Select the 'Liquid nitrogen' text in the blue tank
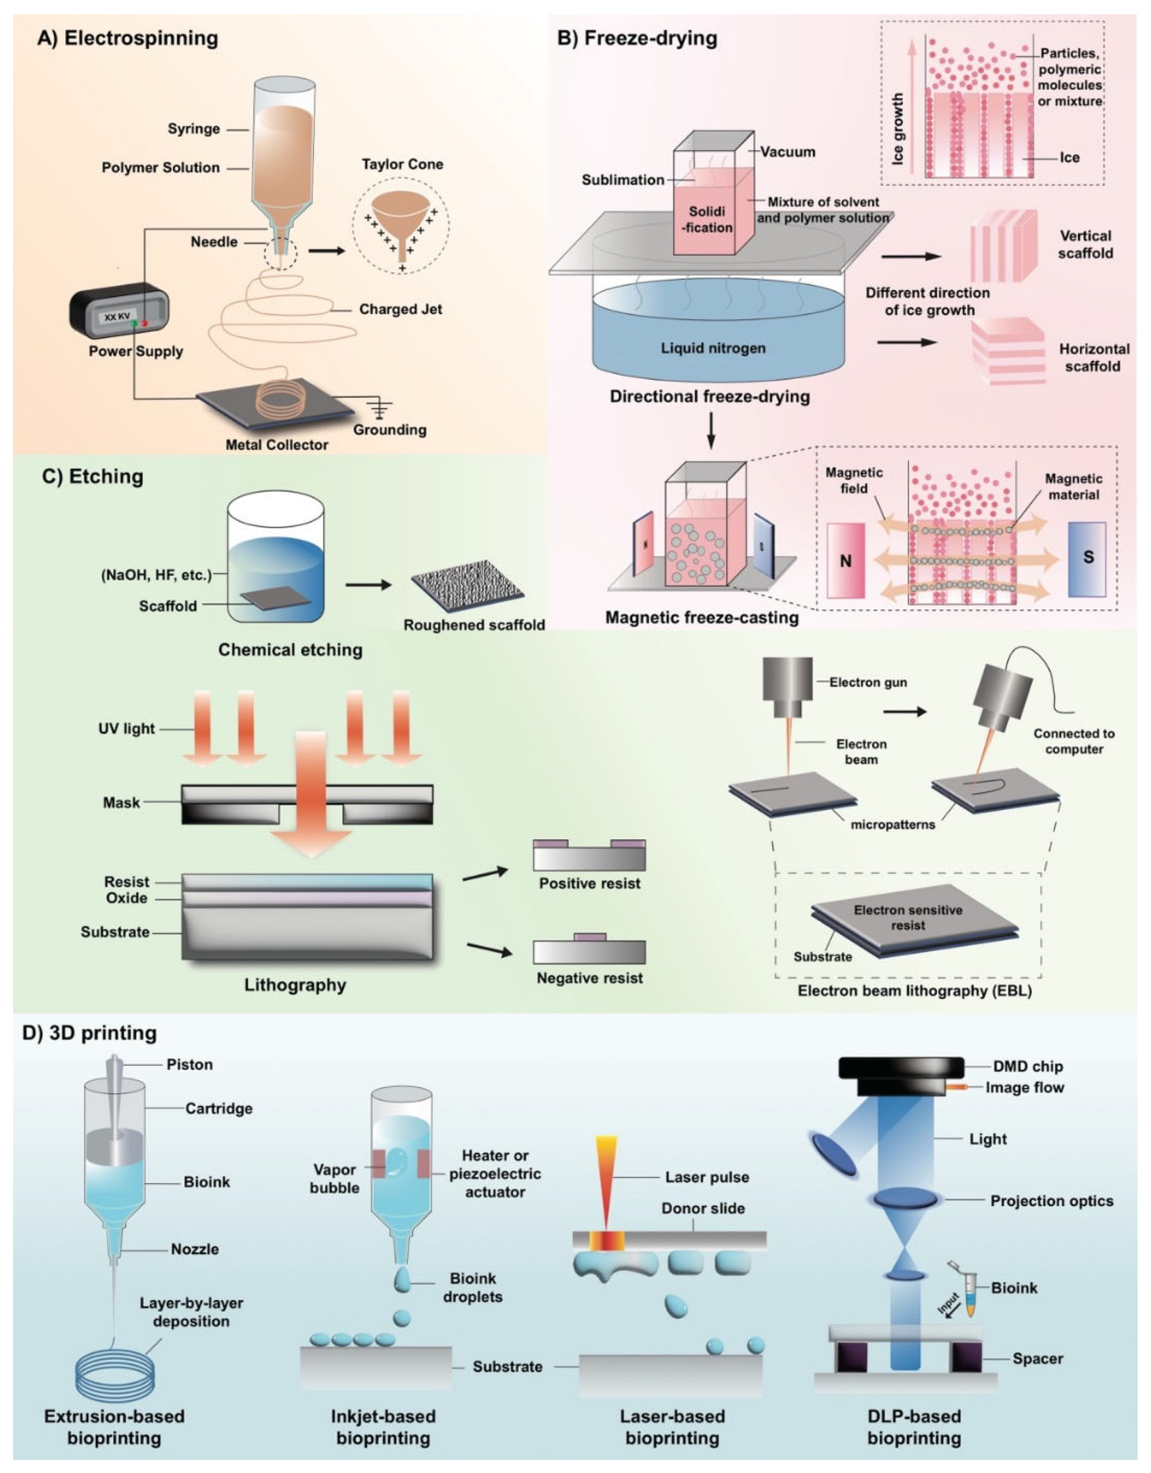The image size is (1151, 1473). coord(713,348)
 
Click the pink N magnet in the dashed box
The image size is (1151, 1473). coord(845,560)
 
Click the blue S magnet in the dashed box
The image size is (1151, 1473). coord(1087,558)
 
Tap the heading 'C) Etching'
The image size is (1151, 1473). coord(92,476)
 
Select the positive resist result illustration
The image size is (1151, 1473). coord(589,855)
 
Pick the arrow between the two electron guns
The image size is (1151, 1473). coord(905,712)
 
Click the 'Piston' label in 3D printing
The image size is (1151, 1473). coord(190,1064)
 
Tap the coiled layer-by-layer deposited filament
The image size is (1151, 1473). coord(115,1373)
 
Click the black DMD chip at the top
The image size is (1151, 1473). coord(901,1067)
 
